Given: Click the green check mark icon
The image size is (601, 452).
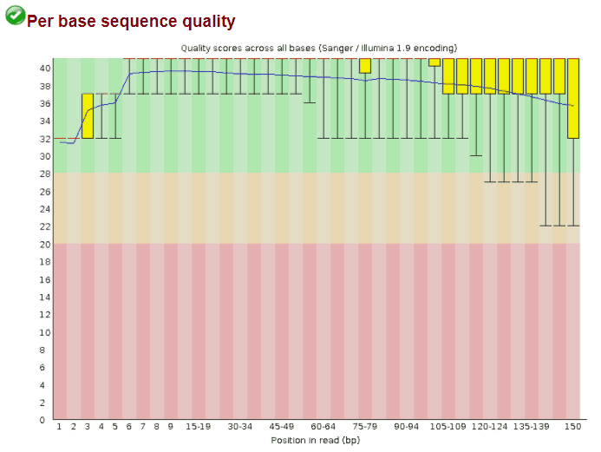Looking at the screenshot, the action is [15, 16].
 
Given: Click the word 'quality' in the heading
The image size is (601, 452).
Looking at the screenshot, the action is [208, 22].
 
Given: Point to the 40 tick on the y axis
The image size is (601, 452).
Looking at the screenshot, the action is [45, 69].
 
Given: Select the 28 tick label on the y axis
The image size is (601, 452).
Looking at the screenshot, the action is [45, 174].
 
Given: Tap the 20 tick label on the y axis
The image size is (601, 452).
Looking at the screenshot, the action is [45, 244].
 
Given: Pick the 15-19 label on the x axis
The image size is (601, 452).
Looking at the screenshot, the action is [198, 427].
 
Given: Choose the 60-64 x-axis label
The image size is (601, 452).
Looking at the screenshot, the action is [323, 427].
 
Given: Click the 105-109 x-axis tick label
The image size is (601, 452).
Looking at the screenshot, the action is [448, 427].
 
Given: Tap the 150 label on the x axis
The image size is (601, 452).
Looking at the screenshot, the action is [573, 427].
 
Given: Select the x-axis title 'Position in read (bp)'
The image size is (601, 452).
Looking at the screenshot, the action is [316, 441].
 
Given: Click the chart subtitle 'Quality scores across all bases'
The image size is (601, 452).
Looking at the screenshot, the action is [248, 49].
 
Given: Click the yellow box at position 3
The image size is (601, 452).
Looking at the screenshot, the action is [88, 115].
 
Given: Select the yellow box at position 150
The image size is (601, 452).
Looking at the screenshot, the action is [573, 98].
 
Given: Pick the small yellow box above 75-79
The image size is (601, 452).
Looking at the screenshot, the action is [365, 66].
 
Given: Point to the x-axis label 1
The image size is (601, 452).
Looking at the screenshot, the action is [60, 427].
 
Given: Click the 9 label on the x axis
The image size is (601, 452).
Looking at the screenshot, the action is [171, 427].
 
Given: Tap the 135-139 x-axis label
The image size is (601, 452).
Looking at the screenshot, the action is [532, 427].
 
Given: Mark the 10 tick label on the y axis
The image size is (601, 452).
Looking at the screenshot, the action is [45, 332].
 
